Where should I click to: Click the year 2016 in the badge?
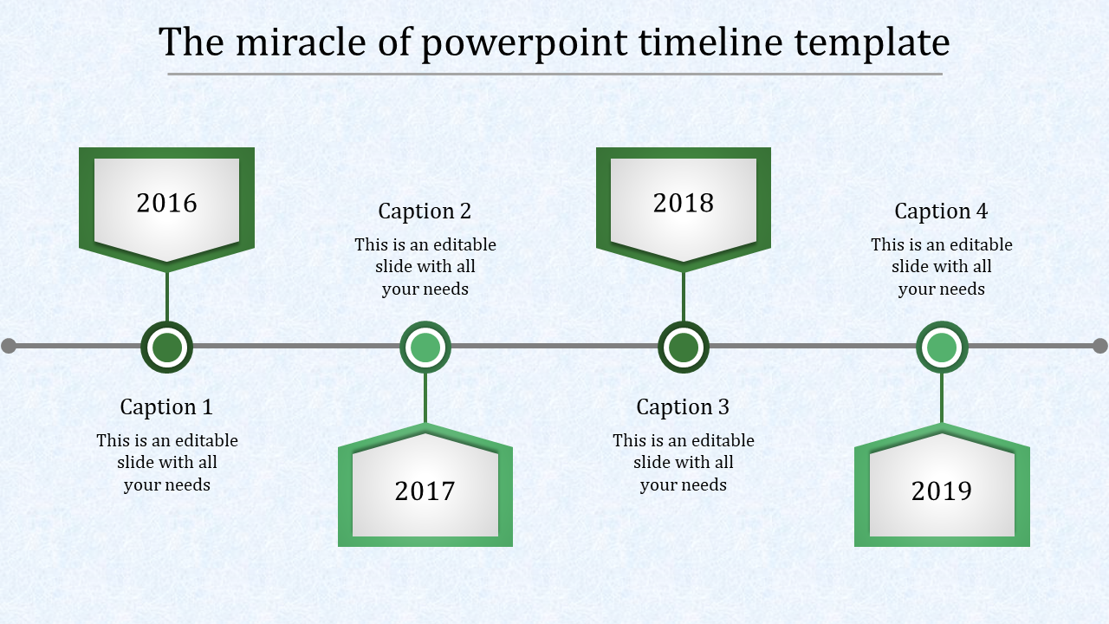coord(167,203)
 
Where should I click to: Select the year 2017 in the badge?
coord(425,491)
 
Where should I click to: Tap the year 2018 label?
coord(684,203)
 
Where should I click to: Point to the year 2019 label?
coord(942,491)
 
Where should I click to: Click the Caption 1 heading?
coord(166,406)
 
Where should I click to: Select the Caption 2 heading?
coord(425,211)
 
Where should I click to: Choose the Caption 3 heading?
coord(683,406)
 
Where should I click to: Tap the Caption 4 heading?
coord(941,211)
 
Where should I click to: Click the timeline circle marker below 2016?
coord(167,348)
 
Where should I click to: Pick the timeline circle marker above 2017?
coord(425,348)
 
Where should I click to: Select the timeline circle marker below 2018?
coord(684,348)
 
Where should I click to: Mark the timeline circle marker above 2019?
coord(942,348)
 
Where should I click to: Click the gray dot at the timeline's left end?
coord(9,347)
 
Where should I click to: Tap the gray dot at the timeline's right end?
coord(1100,346)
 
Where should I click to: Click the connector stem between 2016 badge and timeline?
coord(167,296)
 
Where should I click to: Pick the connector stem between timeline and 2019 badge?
coord(942,399)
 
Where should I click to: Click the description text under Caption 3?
coord(684,463)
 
